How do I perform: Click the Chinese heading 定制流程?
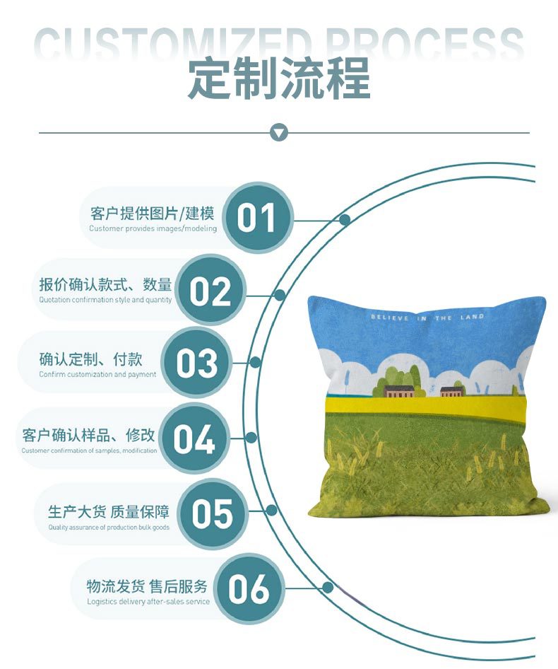tap(279, 78)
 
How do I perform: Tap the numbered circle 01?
tap(256, 217)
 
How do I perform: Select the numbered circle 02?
tap(210, 291)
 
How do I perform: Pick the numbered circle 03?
tap(197, 363)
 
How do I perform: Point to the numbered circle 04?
tap(194, 438)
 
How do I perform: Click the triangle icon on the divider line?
tap(280, 132)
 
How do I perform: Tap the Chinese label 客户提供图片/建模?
tap(153, 214)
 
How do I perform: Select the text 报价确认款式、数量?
tap(106, 286)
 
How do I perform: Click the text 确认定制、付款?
tap(91, 360)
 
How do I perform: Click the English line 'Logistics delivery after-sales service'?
tap(148, 602)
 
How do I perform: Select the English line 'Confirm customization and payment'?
tap(97, 375)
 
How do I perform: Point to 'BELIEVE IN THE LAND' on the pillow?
tap(427, 318)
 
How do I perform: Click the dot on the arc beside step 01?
tap(345, 220)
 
